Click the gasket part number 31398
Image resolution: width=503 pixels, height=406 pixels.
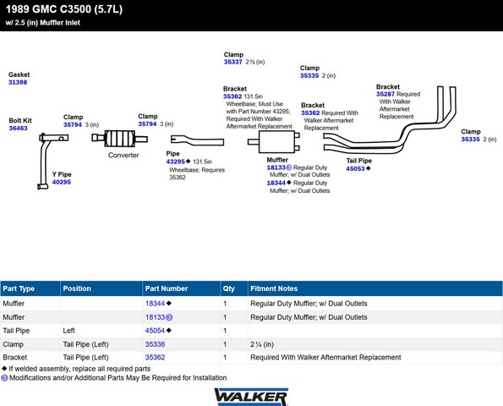coord(18,82)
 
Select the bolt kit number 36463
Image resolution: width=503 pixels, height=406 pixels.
coord(18,128)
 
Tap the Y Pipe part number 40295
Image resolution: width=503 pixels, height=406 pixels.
coord(62,182)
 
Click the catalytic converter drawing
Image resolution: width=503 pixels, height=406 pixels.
coord(119,139)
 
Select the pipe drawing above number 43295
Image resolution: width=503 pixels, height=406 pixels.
coord(197,140)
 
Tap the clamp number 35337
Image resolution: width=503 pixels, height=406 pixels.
coord(232,62)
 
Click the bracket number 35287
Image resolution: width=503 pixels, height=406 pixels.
coord(385,94)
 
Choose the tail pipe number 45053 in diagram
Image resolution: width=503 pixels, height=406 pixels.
coord(355,168)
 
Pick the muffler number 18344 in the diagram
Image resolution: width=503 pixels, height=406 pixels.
coord(276,183)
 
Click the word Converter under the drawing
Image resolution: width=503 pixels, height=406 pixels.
coord(123,155)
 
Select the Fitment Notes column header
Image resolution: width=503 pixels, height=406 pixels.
coord(274,288)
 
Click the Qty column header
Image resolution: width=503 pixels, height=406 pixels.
coord(229,288)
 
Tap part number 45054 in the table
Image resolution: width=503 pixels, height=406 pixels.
coord(155,331)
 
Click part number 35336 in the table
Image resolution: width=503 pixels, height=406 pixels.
coord(155,344)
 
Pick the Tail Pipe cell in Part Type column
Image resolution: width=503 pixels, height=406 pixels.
coord(16,331)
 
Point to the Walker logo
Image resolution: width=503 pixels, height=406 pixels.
coord(251,397)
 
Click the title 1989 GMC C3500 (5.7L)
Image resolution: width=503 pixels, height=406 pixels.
coord(64,9)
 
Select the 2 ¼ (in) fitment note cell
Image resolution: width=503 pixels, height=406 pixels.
coord(262,344)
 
